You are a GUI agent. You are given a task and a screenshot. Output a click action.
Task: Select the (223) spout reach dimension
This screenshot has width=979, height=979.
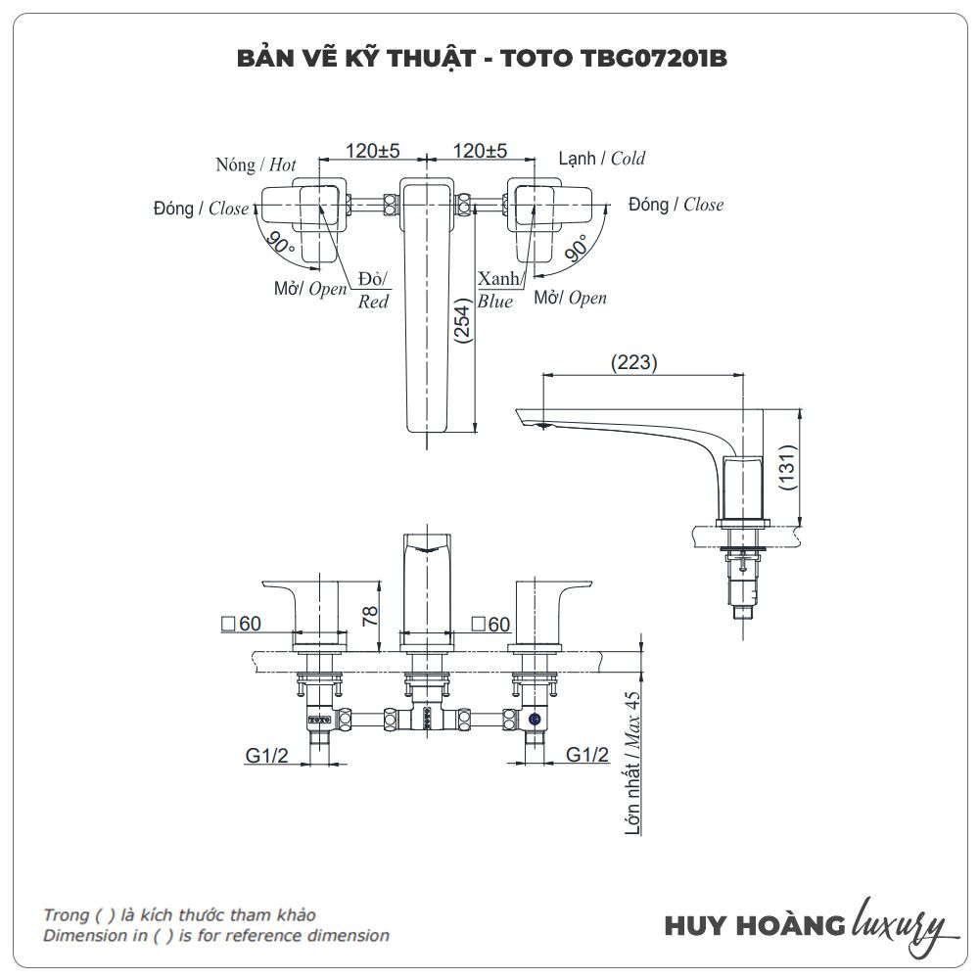pos(634,362)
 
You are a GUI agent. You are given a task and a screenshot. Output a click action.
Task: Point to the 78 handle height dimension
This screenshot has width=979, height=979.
pos(369,615)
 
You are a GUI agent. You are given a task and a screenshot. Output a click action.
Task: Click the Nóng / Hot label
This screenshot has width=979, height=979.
pos(256,164)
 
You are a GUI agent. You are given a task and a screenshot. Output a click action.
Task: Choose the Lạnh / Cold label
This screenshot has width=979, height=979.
pos(602,158)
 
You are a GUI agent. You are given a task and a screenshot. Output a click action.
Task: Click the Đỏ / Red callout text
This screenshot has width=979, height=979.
pos(373,290)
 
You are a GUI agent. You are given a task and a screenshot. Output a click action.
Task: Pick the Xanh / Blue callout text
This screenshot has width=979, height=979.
pos(497,291)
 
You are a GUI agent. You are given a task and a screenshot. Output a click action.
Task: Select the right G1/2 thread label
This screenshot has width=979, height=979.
pos(587,755)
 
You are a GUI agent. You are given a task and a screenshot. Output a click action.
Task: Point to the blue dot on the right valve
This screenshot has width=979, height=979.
pos(535,720)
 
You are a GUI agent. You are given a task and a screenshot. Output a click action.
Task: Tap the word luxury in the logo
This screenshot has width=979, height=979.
pos(900,923)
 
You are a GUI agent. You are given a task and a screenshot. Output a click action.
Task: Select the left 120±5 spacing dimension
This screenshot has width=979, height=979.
pos(372,151)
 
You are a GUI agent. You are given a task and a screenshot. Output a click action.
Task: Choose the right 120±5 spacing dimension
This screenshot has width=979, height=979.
pos(480,151)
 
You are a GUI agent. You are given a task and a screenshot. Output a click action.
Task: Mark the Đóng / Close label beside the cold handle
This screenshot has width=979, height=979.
pos(676,205)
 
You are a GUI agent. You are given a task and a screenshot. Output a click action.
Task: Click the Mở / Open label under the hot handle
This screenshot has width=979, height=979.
pos(310,289)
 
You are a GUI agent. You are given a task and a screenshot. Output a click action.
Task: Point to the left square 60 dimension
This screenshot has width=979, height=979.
pos(242,623)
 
